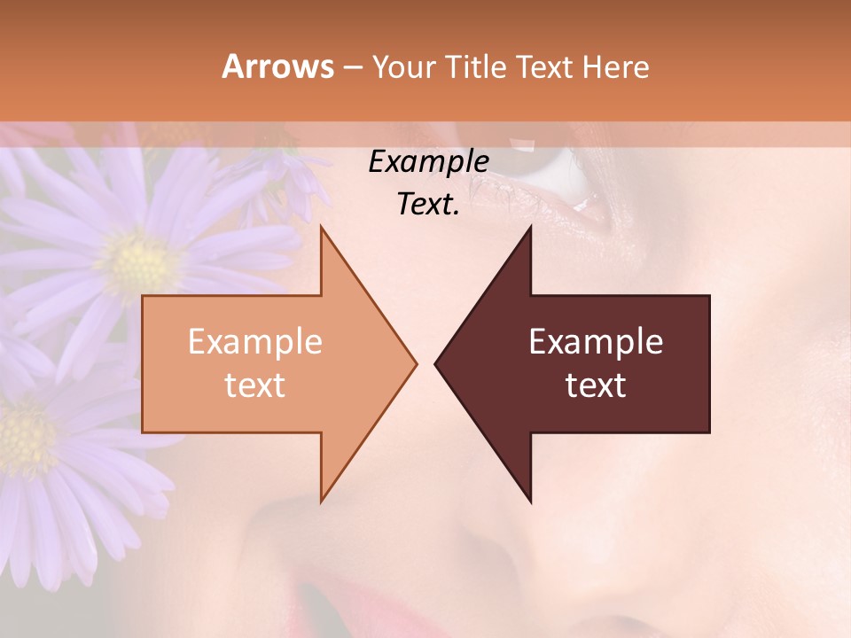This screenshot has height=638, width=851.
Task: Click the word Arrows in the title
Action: [277, 66]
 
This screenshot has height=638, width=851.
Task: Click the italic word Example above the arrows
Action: [428, 161]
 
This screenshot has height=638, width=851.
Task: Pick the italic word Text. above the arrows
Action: [428, 204]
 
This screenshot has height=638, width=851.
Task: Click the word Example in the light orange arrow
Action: [255, 341]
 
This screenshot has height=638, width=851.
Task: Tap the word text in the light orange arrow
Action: [255, 385]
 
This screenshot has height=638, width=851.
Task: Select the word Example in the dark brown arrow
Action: [596, 341]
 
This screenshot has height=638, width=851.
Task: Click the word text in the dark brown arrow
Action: [596, 385]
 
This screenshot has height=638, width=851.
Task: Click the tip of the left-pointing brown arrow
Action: [436, 363]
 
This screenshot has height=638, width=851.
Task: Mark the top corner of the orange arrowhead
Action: [321, 227]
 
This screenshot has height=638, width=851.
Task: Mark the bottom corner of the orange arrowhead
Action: [321, 502]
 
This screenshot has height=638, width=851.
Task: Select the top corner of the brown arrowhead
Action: [530, 227]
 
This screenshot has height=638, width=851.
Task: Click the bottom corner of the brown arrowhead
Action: [530, 502]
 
